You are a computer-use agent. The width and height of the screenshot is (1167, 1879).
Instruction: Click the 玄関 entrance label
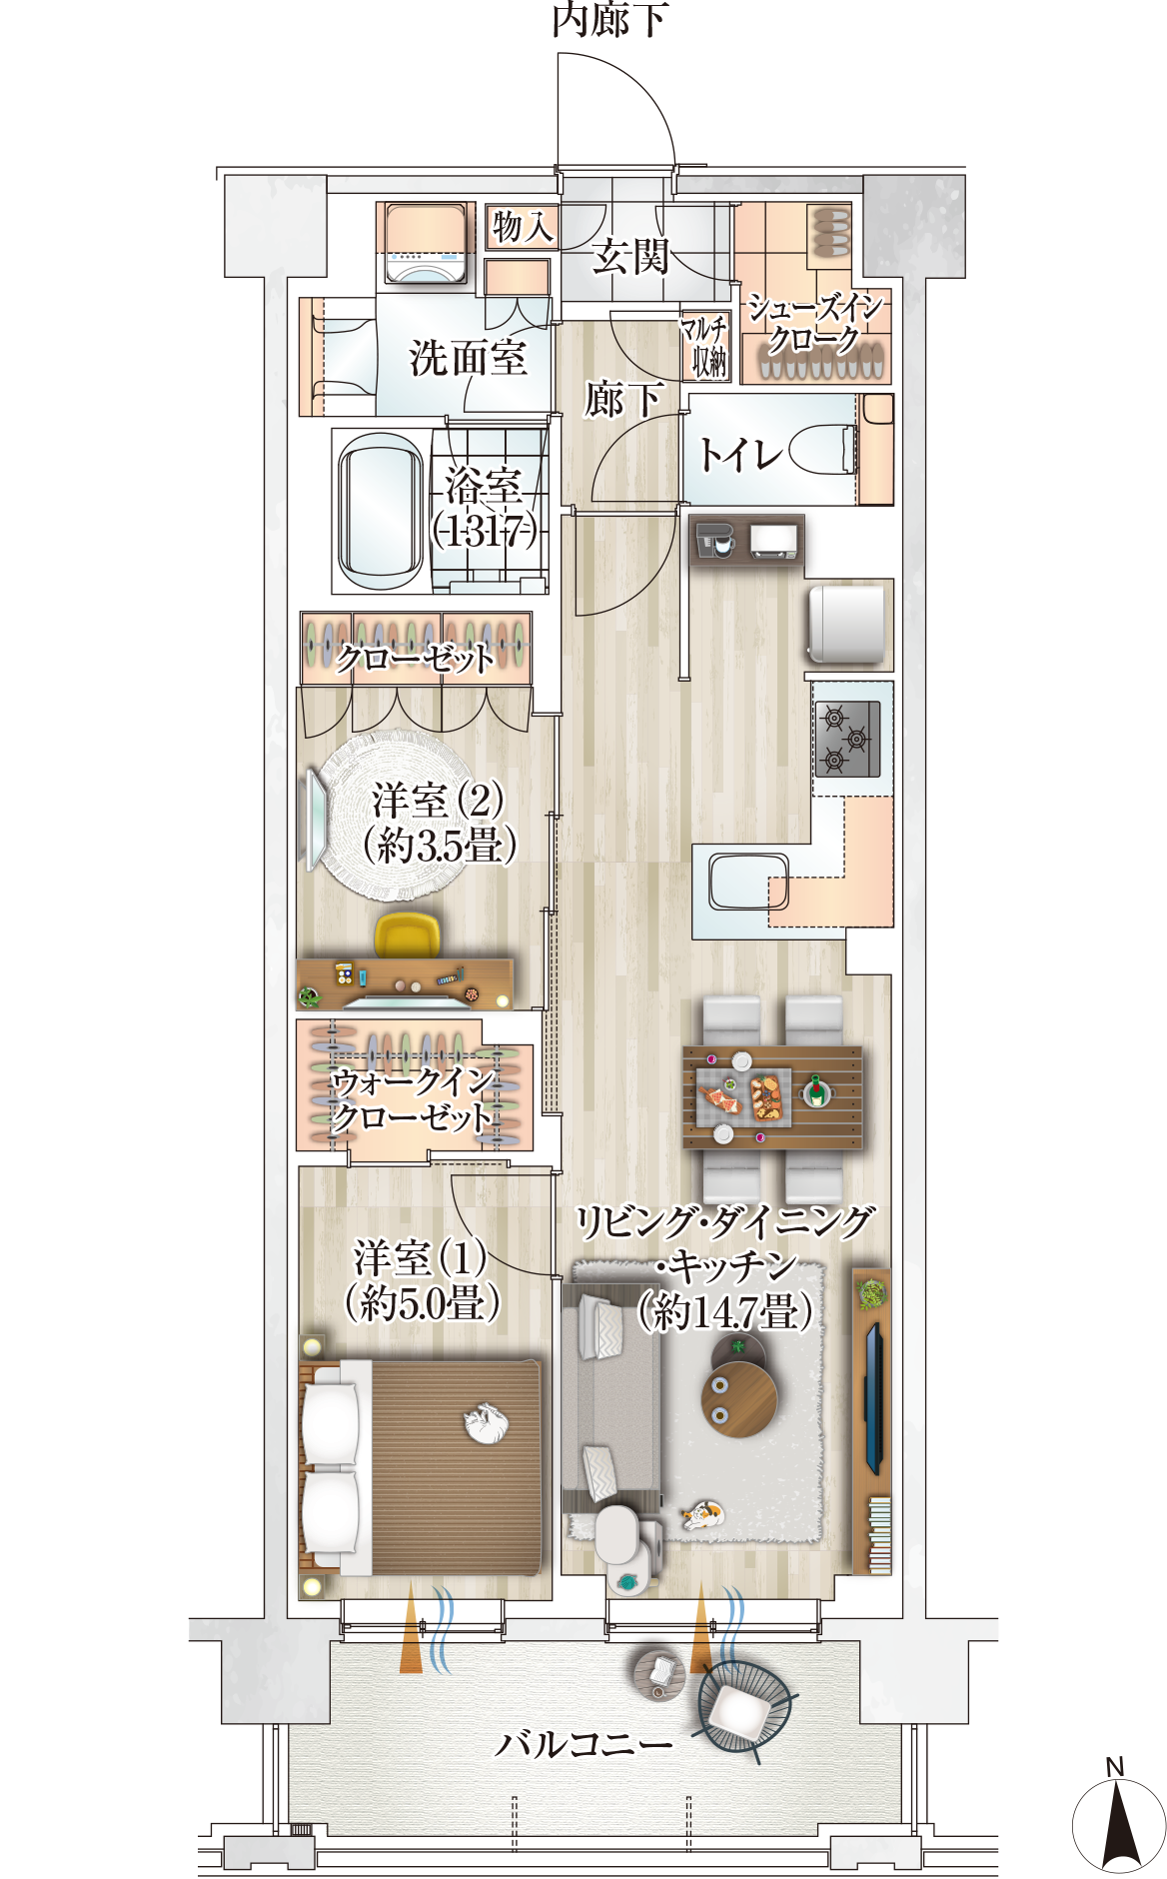629,257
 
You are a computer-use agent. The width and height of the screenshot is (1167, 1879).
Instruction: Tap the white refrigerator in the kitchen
847,623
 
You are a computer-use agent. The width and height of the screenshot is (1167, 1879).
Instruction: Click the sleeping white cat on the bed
488,1423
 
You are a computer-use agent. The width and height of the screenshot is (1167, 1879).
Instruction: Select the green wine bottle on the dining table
816,1089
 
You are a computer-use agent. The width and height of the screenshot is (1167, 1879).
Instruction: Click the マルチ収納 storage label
705,345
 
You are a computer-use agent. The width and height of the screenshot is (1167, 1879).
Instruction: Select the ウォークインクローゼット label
414,1098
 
